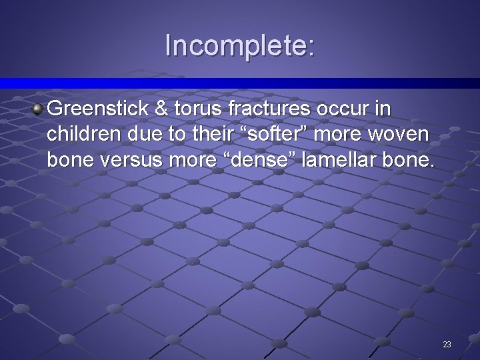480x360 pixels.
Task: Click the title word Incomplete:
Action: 239,45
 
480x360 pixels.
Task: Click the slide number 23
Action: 447,345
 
